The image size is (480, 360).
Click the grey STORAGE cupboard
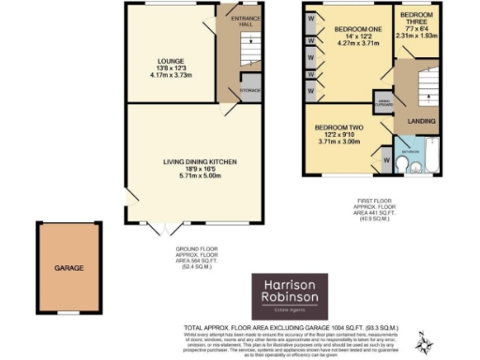(x=249, y=90)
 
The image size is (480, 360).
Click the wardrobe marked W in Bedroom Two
(x=386, y=159)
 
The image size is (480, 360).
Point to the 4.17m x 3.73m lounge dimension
(x=170, y=76)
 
